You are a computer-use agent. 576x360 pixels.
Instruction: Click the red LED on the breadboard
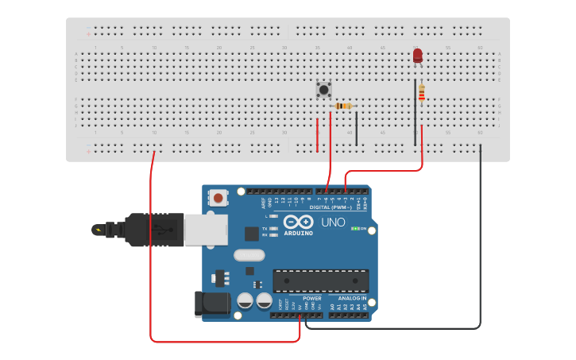418,55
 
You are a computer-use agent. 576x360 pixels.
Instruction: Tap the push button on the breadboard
323,89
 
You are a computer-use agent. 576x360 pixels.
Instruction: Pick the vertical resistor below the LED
422,93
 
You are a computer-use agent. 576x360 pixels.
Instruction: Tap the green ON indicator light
354,229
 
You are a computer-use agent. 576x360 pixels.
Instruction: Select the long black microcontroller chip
320,281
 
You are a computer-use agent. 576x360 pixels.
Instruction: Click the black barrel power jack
211,304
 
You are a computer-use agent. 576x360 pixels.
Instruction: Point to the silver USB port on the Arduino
206,229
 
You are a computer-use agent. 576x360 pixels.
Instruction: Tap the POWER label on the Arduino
312,299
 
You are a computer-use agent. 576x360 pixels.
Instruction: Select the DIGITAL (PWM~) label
340,207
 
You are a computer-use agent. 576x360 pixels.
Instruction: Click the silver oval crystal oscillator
249,256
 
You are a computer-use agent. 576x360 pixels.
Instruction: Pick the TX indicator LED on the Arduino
273,228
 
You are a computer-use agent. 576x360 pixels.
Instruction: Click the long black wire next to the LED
415,111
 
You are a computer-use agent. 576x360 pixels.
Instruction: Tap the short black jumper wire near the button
357,128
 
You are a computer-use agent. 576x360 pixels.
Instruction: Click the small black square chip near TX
252,234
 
